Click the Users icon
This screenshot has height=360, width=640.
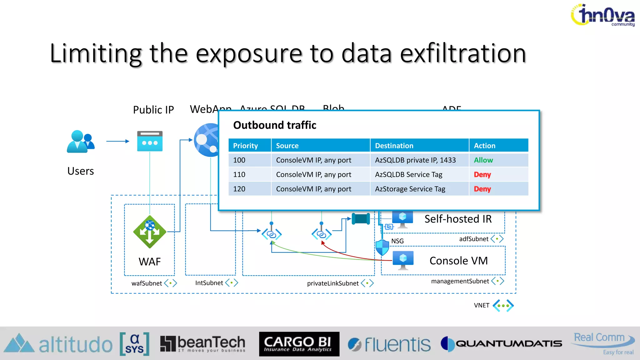(80, 142)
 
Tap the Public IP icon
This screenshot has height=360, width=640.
(150, 141)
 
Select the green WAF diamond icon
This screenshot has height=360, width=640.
(150, 232)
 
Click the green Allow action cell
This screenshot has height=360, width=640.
(483, 160)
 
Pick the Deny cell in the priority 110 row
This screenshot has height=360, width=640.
(482, 175)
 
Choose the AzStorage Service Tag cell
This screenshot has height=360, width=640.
(410, 189)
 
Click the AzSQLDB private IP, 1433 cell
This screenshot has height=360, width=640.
(415, 160)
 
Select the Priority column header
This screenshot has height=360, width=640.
(246, 146)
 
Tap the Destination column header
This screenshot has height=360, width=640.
(394, 146)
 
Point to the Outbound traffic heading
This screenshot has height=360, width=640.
(275, 125)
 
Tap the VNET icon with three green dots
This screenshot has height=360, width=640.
(503, 306)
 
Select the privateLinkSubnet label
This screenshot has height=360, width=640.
(333, 283)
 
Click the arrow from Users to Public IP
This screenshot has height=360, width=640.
(117, 141)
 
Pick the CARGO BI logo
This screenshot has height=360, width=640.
(299, 344)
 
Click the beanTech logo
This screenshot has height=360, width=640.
(203, 344)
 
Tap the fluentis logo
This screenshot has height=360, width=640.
(389, 344)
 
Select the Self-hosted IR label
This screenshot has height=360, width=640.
(458, 219)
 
